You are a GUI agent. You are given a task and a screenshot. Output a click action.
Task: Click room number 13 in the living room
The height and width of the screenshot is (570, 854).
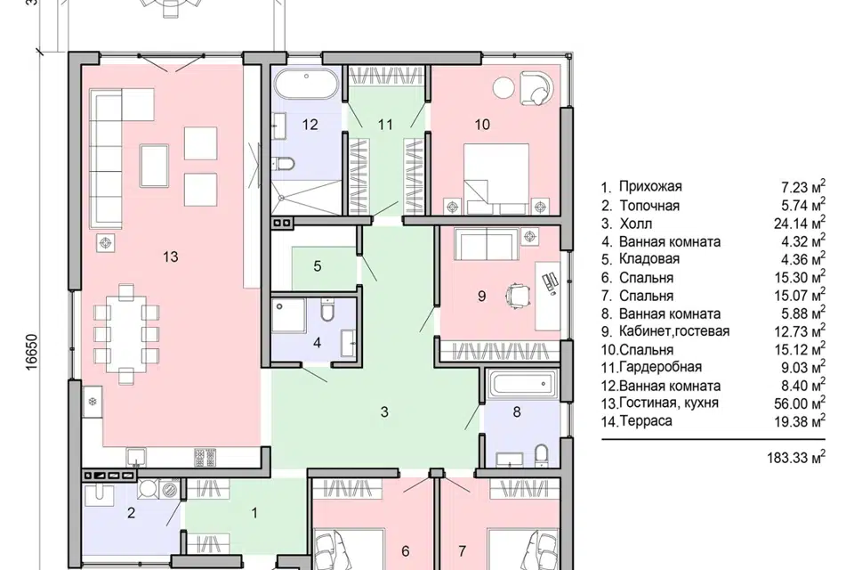(171, 256)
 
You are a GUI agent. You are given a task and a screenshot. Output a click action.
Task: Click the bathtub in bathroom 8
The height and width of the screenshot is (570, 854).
(523, 386)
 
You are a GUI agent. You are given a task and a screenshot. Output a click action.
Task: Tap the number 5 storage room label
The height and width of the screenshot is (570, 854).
(318, 266)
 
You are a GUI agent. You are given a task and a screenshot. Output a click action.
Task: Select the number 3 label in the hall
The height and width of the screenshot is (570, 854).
(384, 411)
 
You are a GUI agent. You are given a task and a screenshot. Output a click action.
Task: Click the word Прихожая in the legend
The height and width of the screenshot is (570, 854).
(650, 186)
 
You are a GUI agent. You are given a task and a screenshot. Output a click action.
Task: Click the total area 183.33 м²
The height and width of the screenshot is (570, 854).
(796, 457)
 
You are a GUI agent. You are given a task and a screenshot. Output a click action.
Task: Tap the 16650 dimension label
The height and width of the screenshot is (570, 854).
(32, 353)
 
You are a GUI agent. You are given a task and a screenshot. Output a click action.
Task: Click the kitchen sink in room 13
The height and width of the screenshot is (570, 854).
(135, 457)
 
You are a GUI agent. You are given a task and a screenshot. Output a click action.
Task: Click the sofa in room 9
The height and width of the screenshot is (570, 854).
(487, 243)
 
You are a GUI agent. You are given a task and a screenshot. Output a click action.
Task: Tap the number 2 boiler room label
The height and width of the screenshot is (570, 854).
(131, 513)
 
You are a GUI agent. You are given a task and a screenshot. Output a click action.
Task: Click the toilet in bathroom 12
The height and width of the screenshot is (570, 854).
(283, 163)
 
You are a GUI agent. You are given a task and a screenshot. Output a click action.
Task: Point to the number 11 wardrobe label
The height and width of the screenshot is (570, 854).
(385, 125)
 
